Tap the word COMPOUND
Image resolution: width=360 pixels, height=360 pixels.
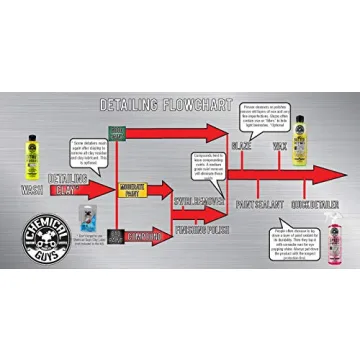[145, 236]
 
